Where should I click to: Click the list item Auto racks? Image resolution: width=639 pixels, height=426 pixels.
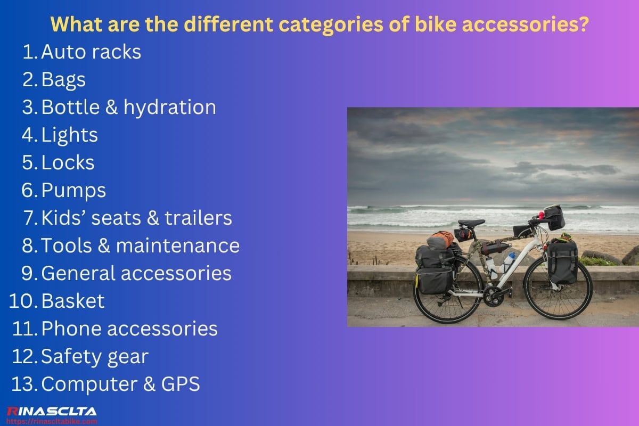(x=91, y=52)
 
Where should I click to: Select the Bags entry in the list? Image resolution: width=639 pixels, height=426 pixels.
(x=63, y=80)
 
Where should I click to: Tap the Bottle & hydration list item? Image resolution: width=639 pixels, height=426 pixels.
(x=128, y=108)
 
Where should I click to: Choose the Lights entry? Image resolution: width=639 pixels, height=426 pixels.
(x=69, y=135)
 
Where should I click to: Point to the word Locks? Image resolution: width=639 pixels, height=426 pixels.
(x=68, y=163)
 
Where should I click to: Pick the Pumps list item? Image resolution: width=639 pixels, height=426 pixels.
(x=73, y=191)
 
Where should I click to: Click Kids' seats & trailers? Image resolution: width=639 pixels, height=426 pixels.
(x=136, y=218)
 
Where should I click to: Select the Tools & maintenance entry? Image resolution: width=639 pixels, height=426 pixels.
(x=140, y=246)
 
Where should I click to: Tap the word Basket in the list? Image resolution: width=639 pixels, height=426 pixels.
(x=72, y=301)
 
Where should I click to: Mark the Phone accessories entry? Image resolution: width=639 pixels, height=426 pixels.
(x=129, y=329)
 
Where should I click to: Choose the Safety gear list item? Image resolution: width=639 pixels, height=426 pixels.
(x=94, y=357)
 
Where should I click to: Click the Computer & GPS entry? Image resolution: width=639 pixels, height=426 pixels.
(x=120, y=384)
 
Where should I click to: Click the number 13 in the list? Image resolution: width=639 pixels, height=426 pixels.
(x=24, y=384)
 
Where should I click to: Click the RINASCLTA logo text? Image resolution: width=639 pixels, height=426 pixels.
(x=51, y=411)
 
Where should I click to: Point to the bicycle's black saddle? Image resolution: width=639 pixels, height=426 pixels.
(x=471, y=223)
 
